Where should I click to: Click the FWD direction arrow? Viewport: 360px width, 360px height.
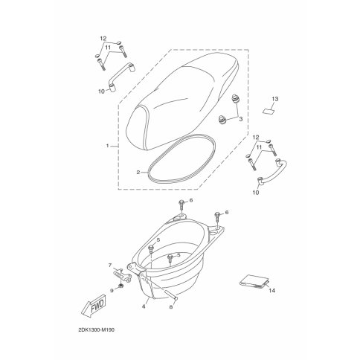(94, 306)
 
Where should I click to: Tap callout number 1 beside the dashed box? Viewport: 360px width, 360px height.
(107, 146)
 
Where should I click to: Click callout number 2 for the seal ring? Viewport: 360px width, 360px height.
(138, 172)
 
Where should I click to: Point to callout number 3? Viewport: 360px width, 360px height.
(240, 119)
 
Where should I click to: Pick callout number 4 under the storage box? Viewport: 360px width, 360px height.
(144, 306)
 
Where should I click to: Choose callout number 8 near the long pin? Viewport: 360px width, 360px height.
(171, 307)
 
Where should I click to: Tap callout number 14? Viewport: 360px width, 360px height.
(272, 290)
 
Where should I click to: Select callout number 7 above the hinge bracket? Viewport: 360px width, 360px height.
(110, 266)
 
